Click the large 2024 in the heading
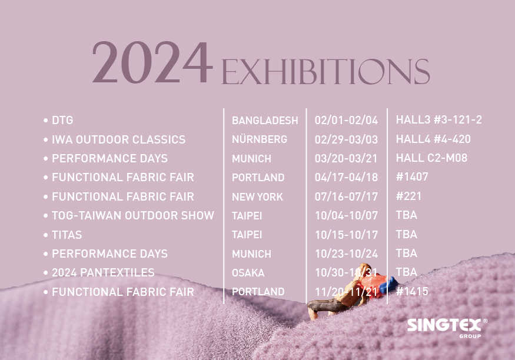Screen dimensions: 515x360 152,62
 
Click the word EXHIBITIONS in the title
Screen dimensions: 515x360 325,72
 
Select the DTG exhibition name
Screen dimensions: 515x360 62,121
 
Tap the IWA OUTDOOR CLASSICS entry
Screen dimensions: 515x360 118,139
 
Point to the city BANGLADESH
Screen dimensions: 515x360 265,121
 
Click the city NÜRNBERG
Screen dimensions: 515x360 260,139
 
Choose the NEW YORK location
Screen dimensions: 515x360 258,196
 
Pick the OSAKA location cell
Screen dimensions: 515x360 248,273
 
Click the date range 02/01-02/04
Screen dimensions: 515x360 346,120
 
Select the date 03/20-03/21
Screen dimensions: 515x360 346,158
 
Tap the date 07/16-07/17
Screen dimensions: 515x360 346,196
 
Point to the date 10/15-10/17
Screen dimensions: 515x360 346,235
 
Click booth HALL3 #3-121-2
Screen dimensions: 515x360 439,120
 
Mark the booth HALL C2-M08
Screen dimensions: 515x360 431,158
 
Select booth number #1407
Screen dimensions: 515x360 412,177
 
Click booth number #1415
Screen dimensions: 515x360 412,291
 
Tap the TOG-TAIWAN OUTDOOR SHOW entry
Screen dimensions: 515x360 133,216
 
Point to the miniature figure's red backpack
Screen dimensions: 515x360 373,285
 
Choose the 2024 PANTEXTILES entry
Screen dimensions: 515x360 103,273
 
